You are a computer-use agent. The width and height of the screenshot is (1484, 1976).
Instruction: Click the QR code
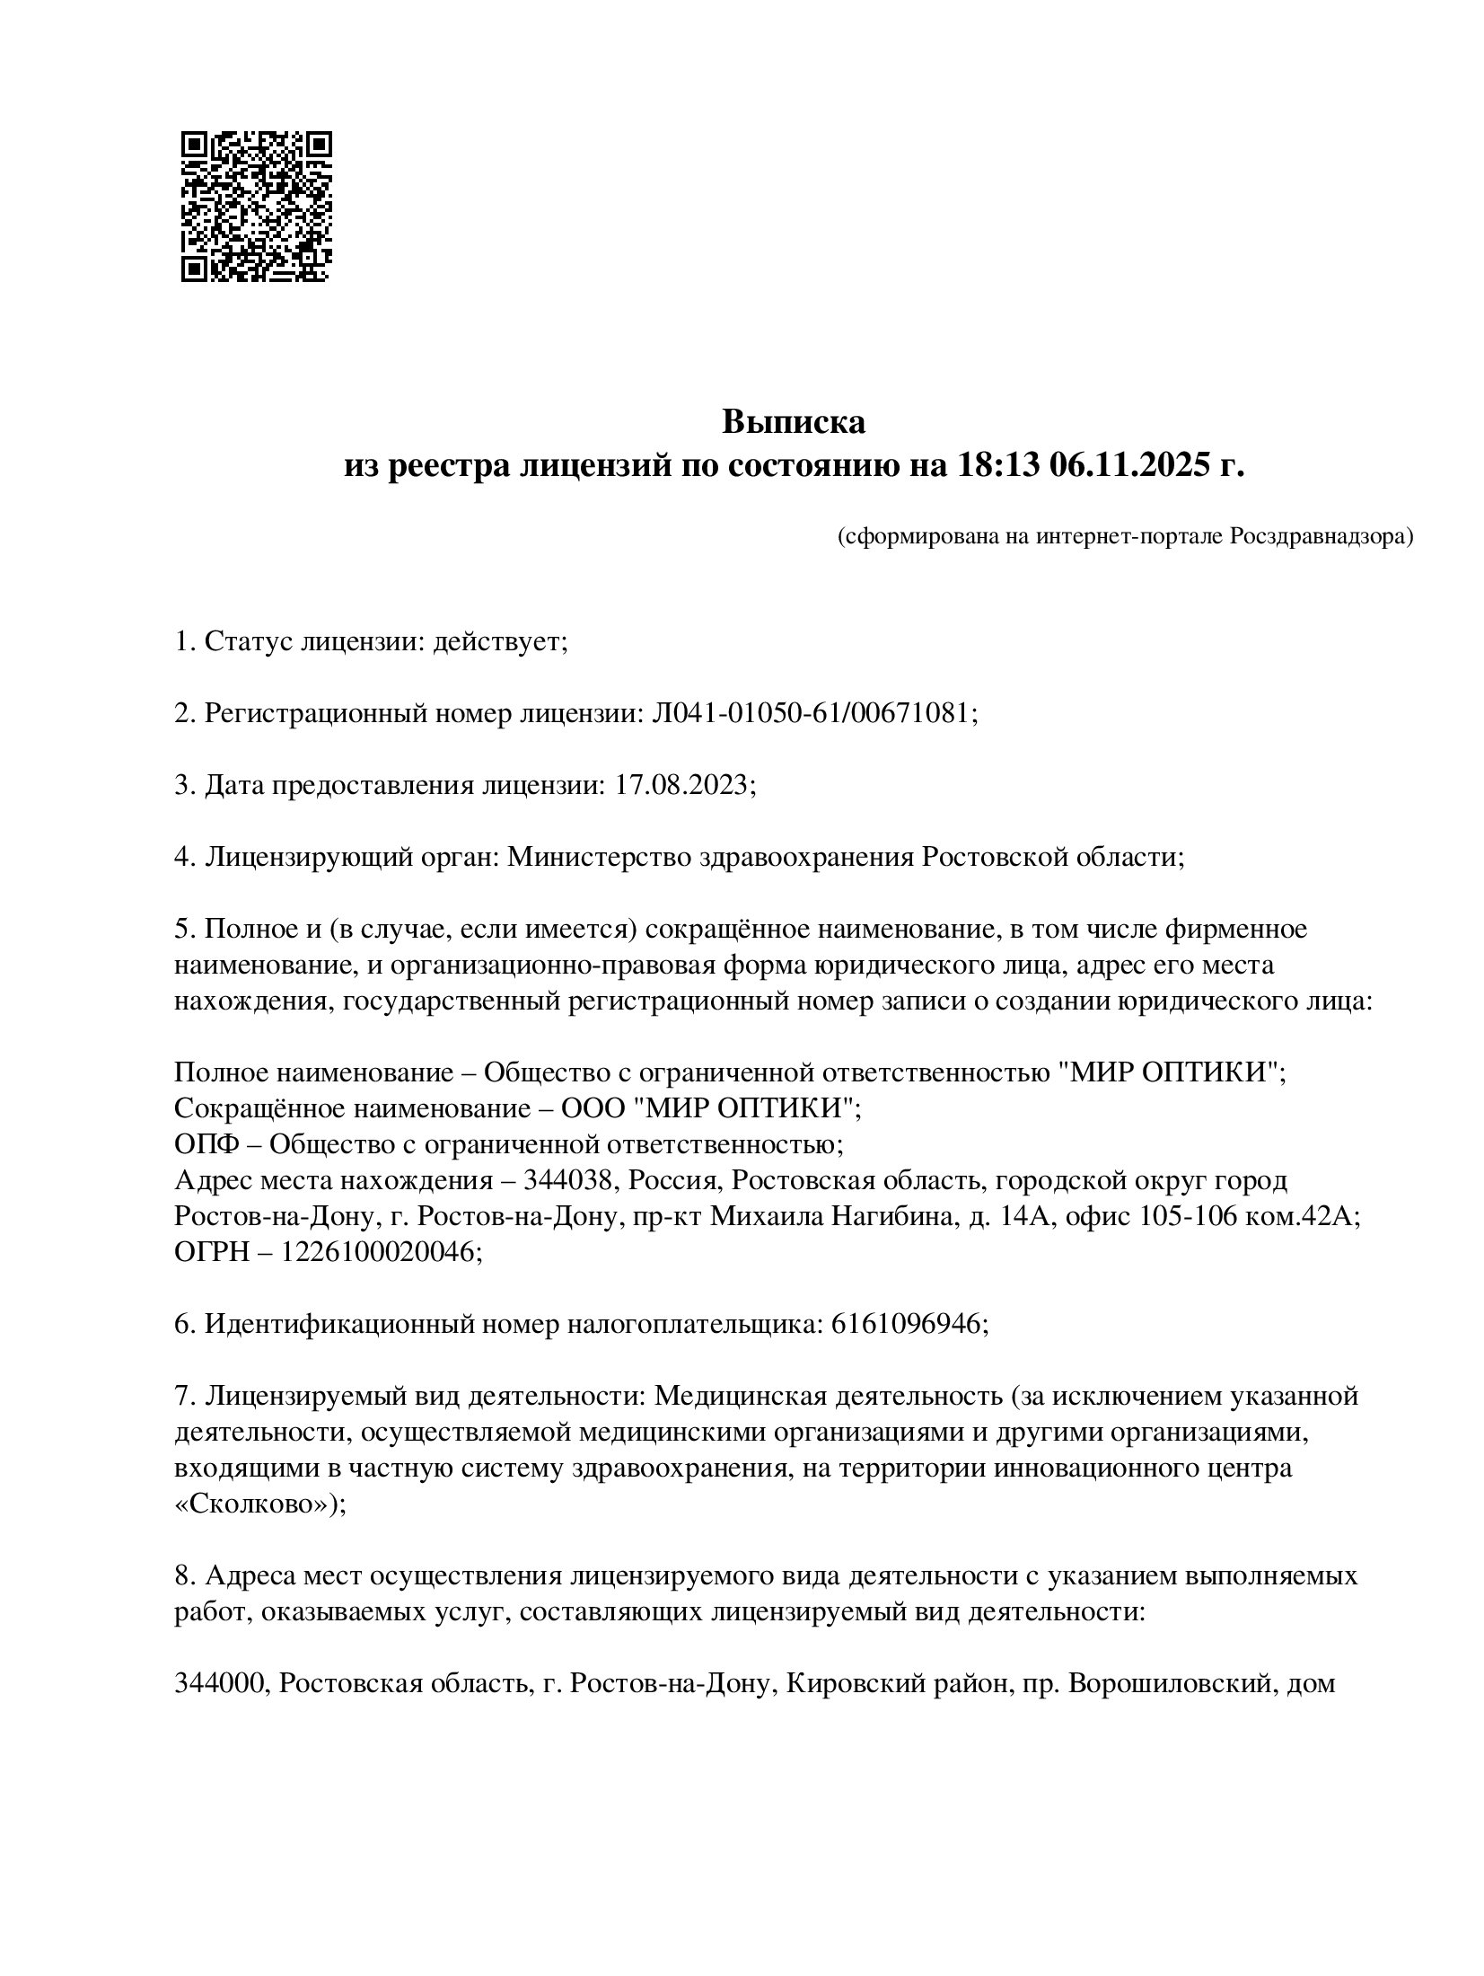[257, 207]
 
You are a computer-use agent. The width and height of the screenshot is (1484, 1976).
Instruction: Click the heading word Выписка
[795, 421]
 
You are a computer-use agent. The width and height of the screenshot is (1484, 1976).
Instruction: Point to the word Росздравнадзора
[1321, 537]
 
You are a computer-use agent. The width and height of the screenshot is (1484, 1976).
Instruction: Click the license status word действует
[500, 642]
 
